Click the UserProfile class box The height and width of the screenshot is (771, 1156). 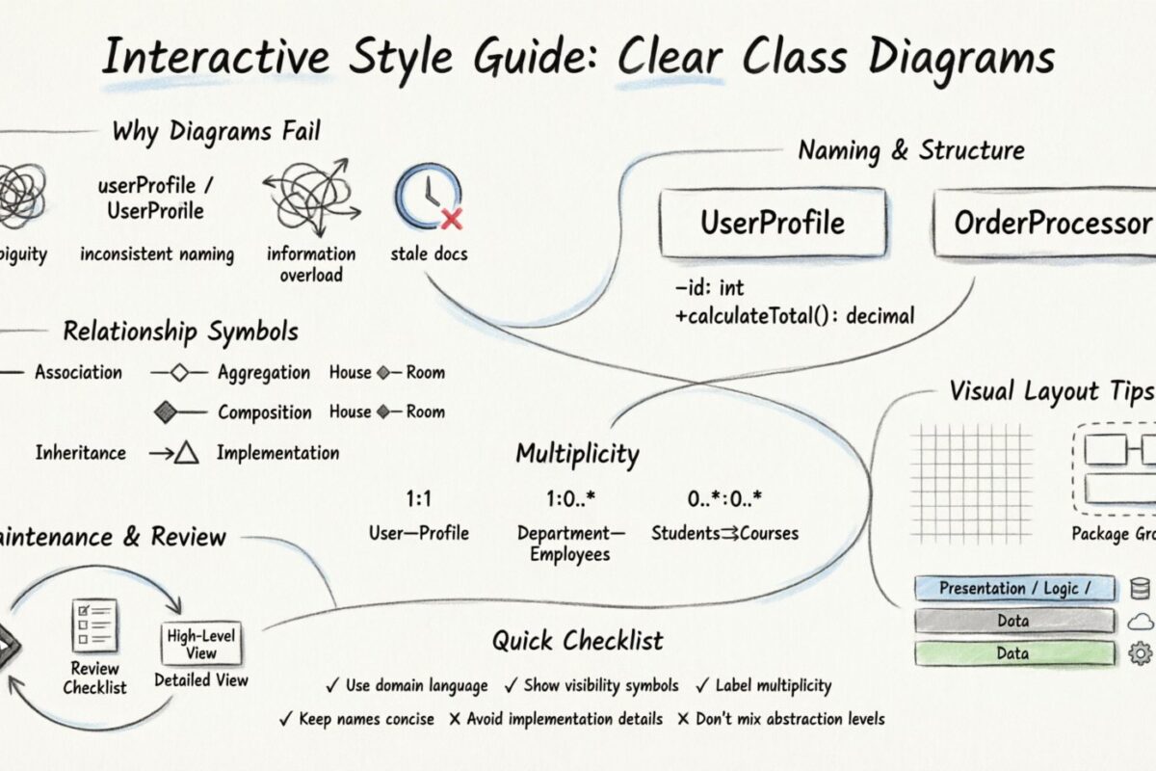(772, 223)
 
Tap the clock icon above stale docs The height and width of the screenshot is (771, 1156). (425, 198)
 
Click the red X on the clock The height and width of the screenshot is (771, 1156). (451, 219)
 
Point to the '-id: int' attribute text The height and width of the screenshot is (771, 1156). (710, 287)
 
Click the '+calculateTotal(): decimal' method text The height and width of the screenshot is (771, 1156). (794, 315)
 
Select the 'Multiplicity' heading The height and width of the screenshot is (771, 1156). (577, 453)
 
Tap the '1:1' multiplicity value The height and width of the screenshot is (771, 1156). (419, 500)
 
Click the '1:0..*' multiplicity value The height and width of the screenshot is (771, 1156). (570, 500)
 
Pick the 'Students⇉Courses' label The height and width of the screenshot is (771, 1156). (724, 533)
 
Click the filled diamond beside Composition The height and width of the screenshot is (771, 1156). (167, 412)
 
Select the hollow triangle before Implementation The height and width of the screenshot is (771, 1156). (186, 452)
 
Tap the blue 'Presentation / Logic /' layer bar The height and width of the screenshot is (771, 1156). (1014, 588)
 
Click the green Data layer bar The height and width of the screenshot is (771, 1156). (1014, 653)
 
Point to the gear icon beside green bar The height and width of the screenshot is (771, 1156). (1140, 653)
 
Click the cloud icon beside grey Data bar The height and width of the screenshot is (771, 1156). (1140, 621)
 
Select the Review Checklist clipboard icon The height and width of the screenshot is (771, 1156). (94, 625)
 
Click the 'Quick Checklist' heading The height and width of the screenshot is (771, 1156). (577, 640)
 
